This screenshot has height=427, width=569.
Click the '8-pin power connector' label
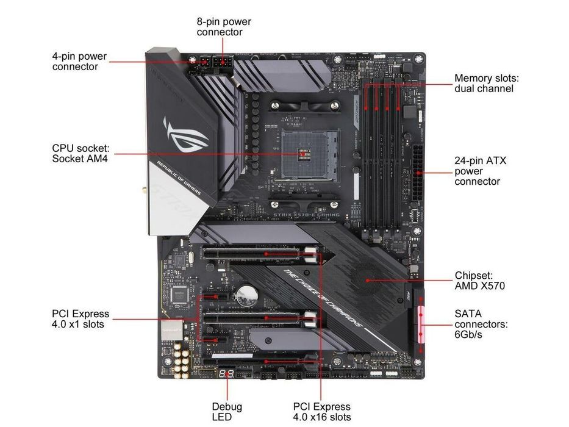pyautogui.click(x=223, y=26)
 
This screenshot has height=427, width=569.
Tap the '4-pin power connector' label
pyautogui.click(x=79, y=61)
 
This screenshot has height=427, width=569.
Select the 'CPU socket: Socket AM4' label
pyautogui.click(x=80, y=153)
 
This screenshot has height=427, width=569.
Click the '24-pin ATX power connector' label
pyautogui.click(x=481, y=171)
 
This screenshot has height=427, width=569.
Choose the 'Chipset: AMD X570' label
pyautogui.click(x=479, y=281)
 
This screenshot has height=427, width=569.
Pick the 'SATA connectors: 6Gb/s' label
pyautogui.click(x=481, y=324)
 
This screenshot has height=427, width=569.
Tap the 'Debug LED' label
pyautogui.click(x=227, y=411)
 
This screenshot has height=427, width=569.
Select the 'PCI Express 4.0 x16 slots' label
pyautogui.click(x=321, y=411)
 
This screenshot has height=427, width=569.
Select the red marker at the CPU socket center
pyautogui.click(x=302, y=153)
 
